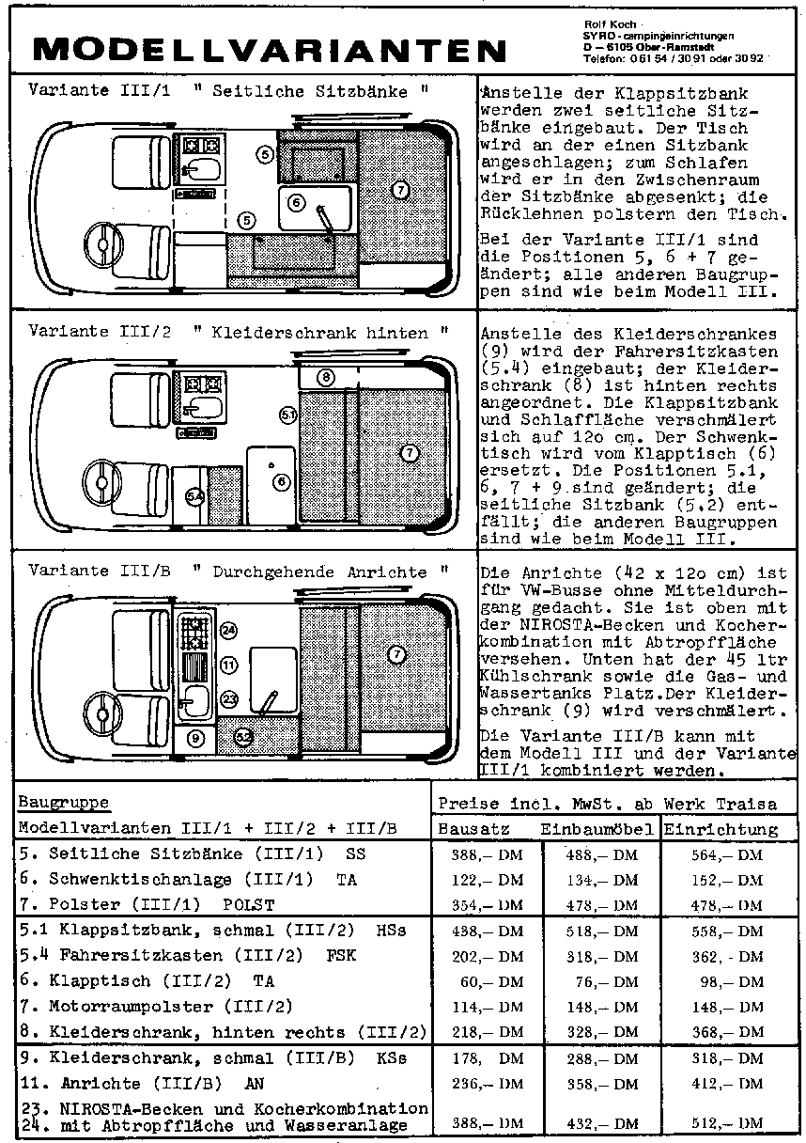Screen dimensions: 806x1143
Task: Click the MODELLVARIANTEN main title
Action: pyautogui.click(x=270, y=50)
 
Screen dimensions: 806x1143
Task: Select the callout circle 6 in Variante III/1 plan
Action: pyautogui.click(x=296, y=203)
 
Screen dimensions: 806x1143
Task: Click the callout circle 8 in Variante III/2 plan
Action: pyautogui.click(x=326, y=378)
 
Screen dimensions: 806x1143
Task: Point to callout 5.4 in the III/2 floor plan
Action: pyautogui.click(x=194, y=495)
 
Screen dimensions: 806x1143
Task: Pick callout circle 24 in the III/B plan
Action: pyautogui.click(x=228, y=631)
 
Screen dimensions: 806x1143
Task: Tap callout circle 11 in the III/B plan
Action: pyautogui.click(x=228, y=665)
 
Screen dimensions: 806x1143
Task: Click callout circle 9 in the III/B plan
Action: pyautogui.click(x=195, y=738)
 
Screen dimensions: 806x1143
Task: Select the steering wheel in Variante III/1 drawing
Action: pyautogui.click(x=102, y=245)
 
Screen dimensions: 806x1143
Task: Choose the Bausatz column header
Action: pyautogui.click(x=473, y=829)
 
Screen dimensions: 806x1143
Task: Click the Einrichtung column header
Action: pyautogui.click(x=721, y=830)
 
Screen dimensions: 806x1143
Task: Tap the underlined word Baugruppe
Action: pyautogui.click(x=64, y=802)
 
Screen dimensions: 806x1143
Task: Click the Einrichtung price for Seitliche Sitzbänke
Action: pyautogui.click(x=727, y=855)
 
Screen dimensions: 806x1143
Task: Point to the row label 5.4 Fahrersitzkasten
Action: pyautogui.click(x=188, y=955)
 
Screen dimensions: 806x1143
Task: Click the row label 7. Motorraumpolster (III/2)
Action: pyautogui.click(x=156, y=1007)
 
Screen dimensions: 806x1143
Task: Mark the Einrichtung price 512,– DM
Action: pyautogui.click(x=727, y=1122)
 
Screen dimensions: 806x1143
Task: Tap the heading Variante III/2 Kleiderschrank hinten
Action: pyautogui.click(x=239, y=332)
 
